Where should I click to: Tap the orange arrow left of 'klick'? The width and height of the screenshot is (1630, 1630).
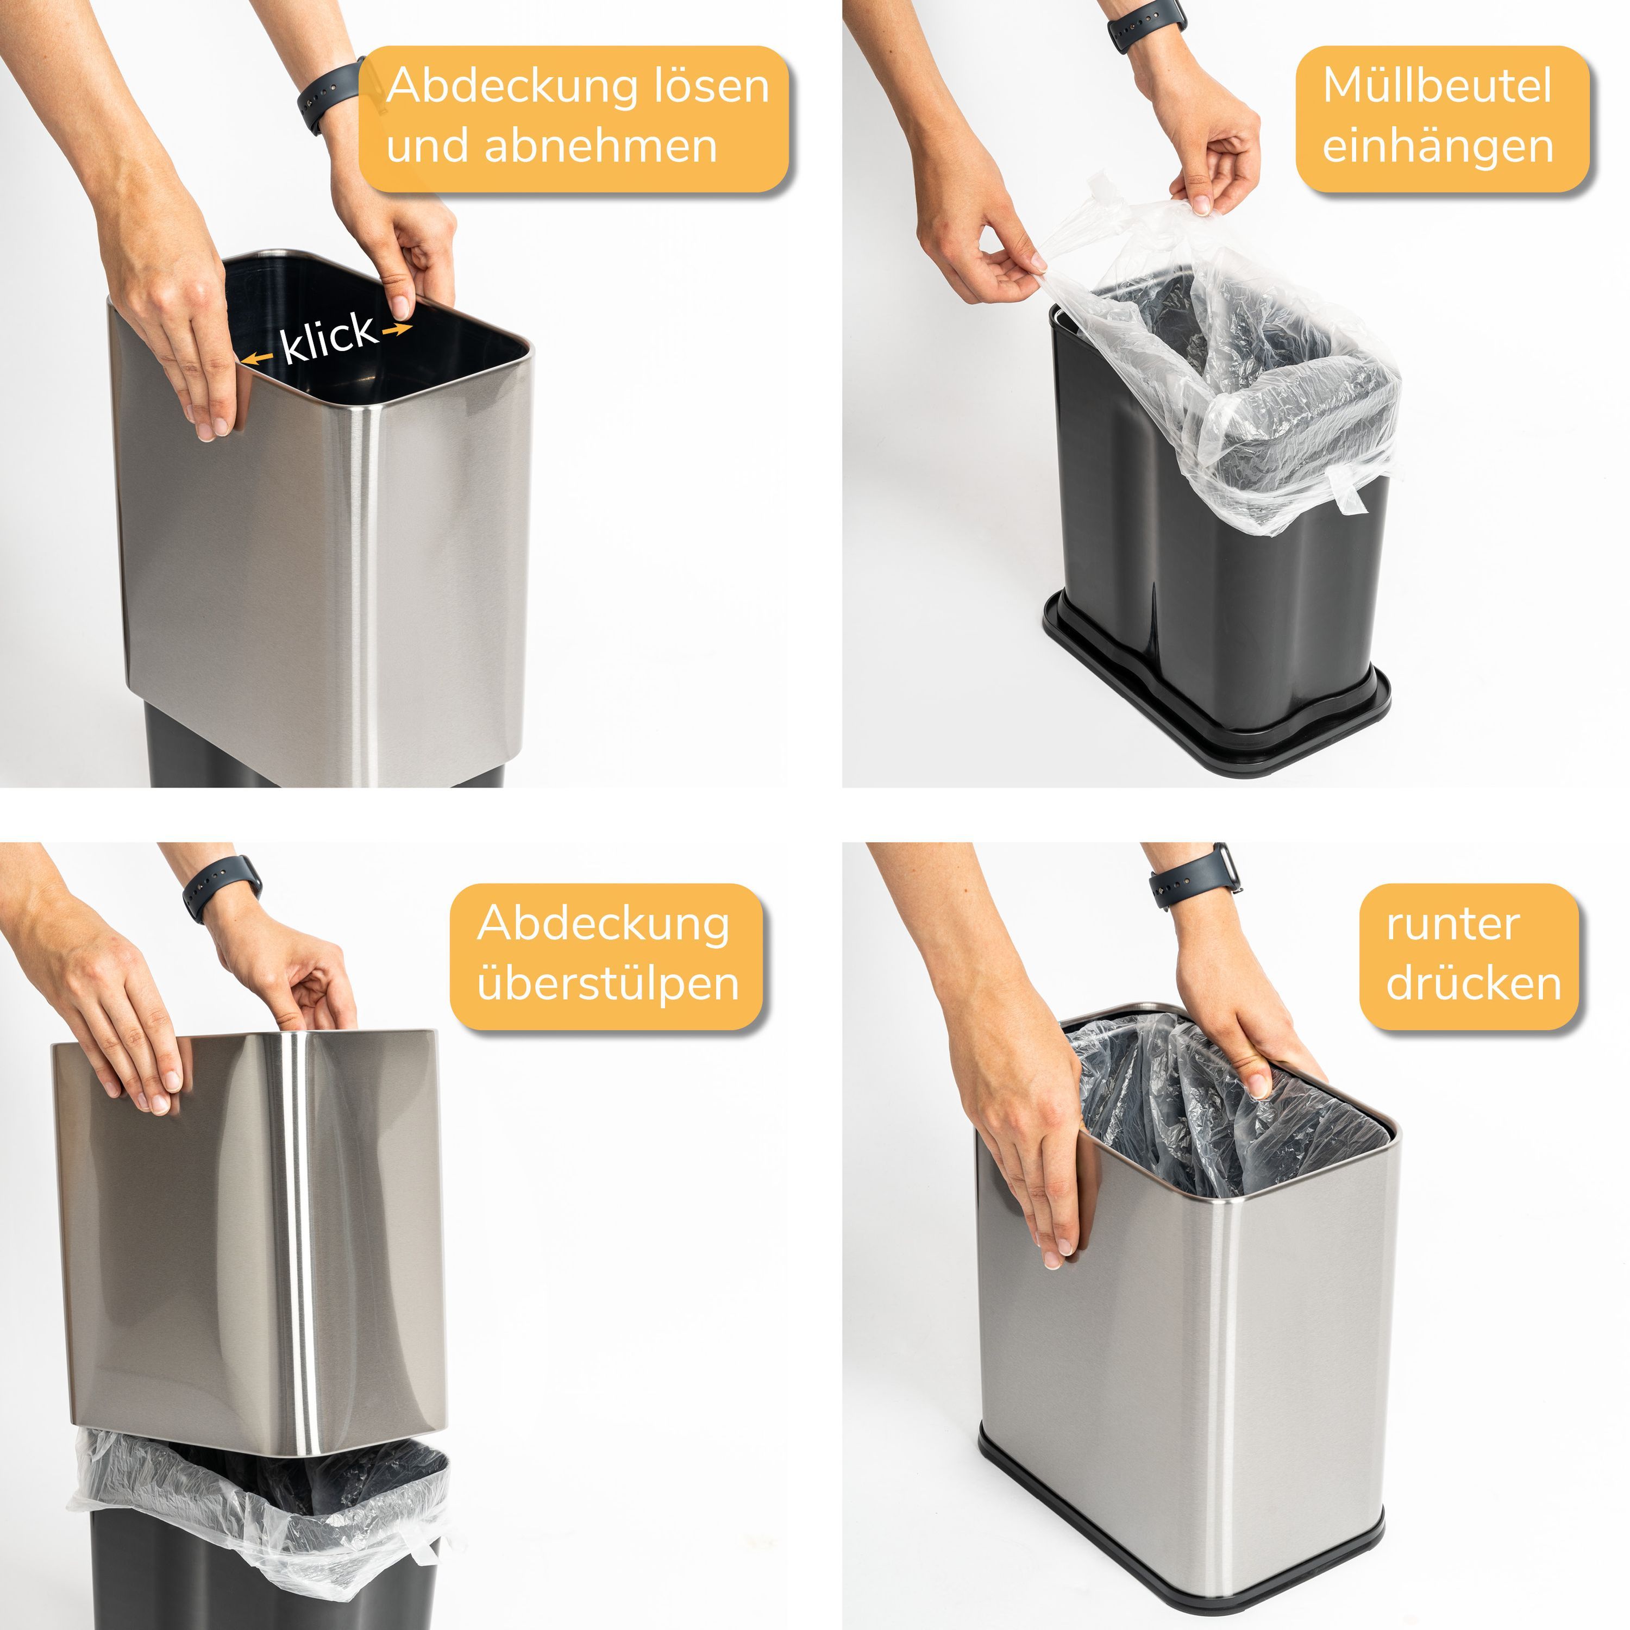coord(258,359)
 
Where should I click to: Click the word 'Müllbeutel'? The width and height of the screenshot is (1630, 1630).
coord(1437,86)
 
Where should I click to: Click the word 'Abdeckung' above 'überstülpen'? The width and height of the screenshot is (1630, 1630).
coord(603,925)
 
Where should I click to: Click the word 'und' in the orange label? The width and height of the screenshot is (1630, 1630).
coord(429,146)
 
